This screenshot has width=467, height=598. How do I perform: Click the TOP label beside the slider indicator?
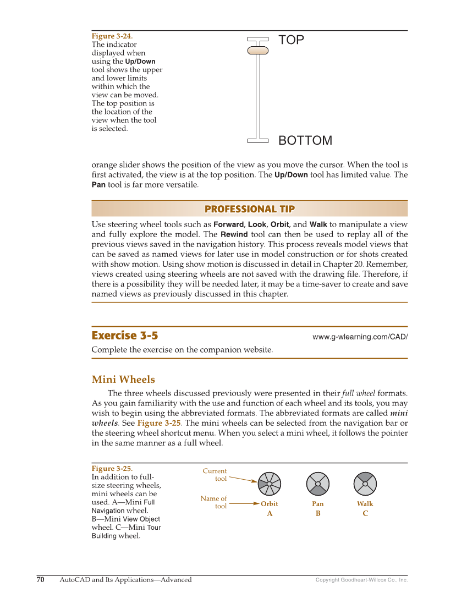point(291,40)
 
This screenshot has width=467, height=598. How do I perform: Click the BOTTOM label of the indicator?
point(305,141)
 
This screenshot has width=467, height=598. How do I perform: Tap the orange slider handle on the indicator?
point(257,50)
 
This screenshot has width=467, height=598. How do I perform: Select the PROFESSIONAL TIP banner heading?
point(249,209)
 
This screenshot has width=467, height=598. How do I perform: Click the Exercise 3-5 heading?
point(125,336)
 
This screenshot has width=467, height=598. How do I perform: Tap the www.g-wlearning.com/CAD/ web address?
point(360,337)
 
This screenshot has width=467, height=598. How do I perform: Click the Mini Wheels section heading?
point(123,380)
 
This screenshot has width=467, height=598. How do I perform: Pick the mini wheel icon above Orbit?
point(270,483)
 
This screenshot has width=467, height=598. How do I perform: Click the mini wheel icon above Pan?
point(318,483)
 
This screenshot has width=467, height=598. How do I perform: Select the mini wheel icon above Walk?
point(365,483)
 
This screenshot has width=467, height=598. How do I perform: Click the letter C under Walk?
point(365,513)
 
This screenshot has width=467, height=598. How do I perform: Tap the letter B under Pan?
point(318,513)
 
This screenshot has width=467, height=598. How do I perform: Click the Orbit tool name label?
point(270,504)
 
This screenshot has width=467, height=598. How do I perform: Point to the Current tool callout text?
point(215,475)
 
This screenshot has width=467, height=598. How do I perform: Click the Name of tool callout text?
point(214,502)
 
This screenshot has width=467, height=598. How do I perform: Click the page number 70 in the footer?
point(40,579)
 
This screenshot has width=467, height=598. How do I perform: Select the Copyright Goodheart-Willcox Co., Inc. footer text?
point(361,580)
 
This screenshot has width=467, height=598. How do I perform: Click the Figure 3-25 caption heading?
point(112,469)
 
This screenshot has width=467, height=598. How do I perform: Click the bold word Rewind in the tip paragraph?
point(234,234)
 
